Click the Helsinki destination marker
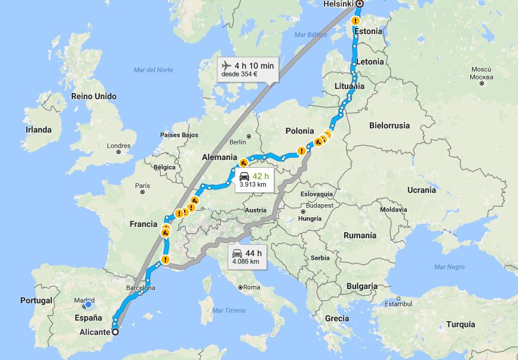[x=359, y=4]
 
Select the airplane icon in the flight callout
[x=226, y=65]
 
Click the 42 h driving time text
[x=260, y=176]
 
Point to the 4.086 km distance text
[x=247, y=261]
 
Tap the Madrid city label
[x=84, y=300]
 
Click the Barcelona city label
[x=140, y=288]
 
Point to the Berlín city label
[x=237, y=141]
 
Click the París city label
[x=142, y=186]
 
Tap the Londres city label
[x=118, y=146]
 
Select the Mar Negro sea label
[x=449, y=267]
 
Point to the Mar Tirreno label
[x=229, y=310]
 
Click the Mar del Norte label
[x=154, y=70]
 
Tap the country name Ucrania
[x=421, y=190]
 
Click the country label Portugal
[x=36, y=300]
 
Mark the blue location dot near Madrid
[x=88, y=305]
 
